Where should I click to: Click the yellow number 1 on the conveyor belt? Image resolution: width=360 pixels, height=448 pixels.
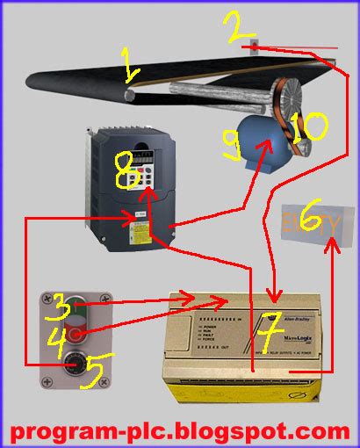point(130,65)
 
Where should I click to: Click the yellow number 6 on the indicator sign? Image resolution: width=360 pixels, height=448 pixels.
point(309,219)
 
